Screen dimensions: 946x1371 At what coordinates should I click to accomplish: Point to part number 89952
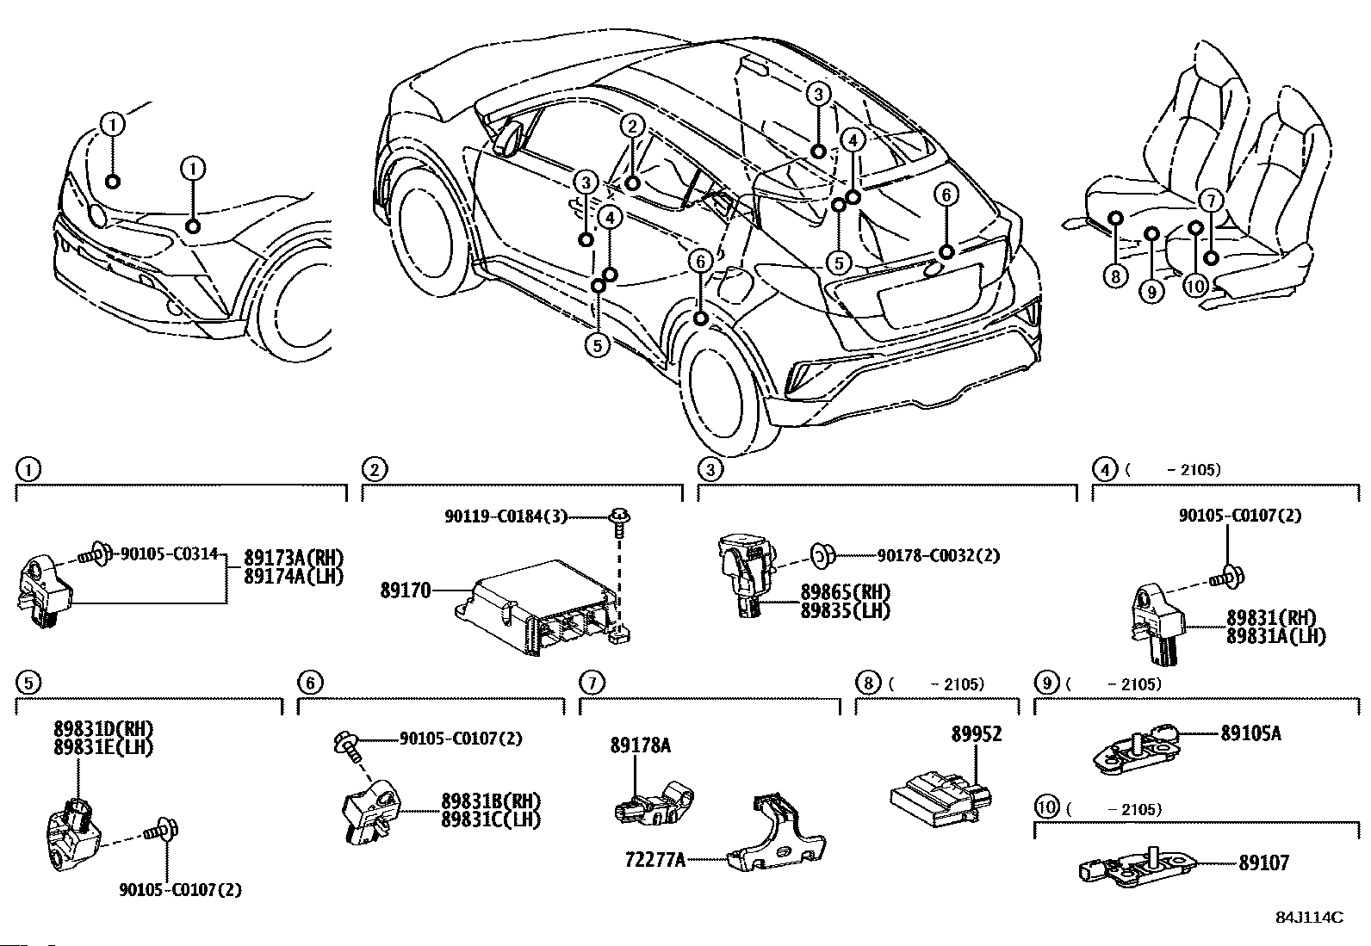tap(977, 735)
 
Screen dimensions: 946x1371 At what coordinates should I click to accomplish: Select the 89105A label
tap(1250, 733)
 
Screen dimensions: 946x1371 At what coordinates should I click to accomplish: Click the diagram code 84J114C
tap(1309, 918)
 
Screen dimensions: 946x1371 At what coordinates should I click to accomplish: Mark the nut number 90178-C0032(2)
tap(939, 556)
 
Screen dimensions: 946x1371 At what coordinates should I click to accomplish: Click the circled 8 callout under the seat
tap(1115, 276)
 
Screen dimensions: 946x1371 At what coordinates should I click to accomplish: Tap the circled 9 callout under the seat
tap(1151, 292)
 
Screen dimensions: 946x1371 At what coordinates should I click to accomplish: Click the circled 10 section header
tap(1046, 807)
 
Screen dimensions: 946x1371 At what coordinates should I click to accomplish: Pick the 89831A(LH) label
tap(1276, 636)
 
